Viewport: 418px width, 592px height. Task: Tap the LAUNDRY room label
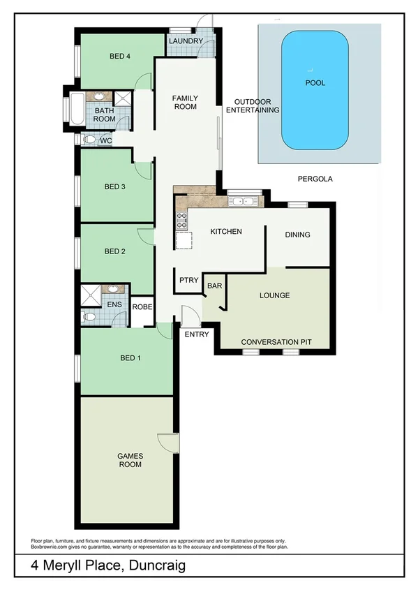[185, 42]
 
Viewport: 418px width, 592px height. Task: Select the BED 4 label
[121, 57]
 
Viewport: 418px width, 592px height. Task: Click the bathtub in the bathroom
[75, 110]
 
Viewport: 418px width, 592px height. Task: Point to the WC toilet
[89, 140]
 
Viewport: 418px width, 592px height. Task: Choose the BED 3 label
[114, 186]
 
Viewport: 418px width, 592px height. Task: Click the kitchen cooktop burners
[181, 221]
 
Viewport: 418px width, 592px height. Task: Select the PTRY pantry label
[188, 280]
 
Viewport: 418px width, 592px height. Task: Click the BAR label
[214, 286]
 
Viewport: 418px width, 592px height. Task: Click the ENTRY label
[197, 335]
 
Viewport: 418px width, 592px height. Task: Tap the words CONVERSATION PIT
[276, 342]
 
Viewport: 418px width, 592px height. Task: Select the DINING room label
[297, 235]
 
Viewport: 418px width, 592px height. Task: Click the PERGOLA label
[314, 179]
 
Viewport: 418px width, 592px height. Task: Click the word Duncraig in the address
[158, 567]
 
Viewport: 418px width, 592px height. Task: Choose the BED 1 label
[130, 358]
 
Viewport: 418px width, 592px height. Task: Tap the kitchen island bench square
[184, 241]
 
